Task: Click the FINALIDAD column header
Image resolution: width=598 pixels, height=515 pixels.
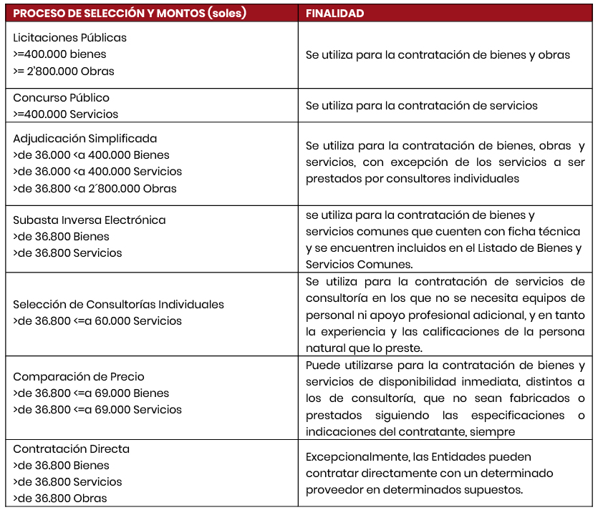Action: click(x=334, y=14)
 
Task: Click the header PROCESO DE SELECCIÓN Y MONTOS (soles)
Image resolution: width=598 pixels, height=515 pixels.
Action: click(x=130, y=14)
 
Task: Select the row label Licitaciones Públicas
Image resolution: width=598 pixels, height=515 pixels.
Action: click(x=69, y=37)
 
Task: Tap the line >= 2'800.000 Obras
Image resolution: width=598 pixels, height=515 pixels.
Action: click(x=64, y=71)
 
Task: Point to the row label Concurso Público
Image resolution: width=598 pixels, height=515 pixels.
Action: click(x=62, y=97)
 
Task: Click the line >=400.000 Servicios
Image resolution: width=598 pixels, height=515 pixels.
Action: click(x=66, y=114)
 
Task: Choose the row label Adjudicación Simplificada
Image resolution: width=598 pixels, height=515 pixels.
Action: click(x=85, y=138)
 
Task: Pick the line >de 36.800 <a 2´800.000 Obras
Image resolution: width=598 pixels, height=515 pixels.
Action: click(x=95, y=188)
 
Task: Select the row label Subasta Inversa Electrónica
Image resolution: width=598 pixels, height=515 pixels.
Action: click(x=90, y=220)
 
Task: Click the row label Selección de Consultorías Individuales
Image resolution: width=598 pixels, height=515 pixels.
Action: click(x=119, y=304)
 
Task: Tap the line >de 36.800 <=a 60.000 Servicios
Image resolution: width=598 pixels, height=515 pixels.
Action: click(x=97, y=320)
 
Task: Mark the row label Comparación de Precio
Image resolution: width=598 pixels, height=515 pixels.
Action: click(x=79, y=376)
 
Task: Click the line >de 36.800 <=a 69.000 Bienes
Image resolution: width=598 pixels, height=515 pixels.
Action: click(x=91, y=393)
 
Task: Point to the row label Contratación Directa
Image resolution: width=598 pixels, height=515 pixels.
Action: click(x=72, y=449)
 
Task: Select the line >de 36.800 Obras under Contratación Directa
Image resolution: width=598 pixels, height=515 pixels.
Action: click(x=60, y=498)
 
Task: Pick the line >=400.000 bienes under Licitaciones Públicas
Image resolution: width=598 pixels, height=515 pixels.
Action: click(x=59, y=54)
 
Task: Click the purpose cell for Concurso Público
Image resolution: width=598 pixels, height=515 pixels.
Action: click(x=421, y=106)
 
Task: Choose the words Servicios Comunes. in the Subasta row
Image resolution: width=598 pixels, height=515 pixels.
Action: click(x=355, y=263)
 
